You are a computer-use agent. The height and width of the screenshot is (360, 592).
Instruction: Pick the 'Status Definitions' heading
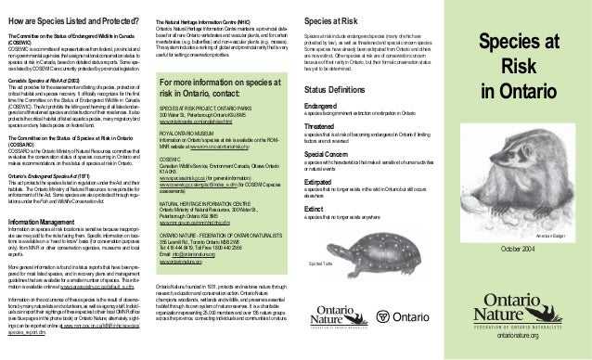pos(339,86)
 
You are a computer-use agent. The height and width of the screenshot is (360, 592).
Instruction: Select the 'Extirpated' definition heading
pos(321,186)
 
